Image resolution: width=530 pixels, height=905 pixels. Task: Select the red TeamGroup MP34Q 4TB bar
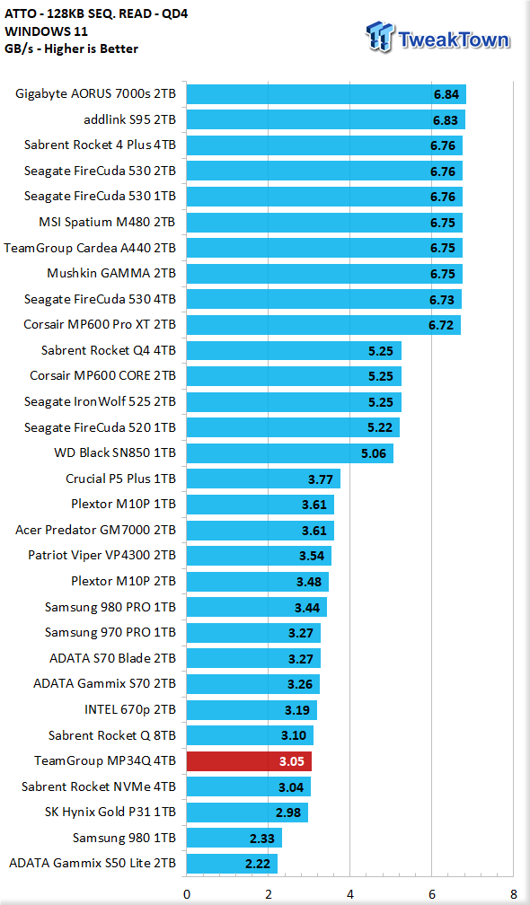pyautogui.click(x=249, y=760)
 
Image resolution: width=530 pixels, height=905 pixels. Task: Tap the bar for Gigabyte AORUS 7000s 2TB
pyautogui.click(x=326, y=94)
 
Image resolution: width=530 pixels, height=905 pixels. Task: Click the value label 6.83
pyautogui.click(x=446, y=120)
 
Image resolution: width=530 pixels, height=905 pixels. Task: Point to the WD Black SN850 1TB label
pyautogui.click(x=115, y=453)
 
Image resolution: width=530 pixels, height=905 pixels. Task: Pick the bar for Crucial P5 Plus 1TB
pyautogui.click(x=263, y=479)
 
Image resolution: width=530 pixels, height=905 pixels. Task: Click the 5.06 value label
pyautogui.click(x=374, y=453)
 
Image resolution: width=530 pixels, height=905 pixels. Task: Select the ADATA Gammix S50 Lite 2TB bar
pyautogui.click(x=232, y=864)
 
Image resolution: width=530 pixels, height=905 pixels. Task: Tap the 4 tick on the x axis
pyautogui.click(x=349, y=894)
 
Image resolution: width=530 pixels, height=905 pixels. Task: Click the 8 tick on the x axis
pyautogui.click(x=513, y=894)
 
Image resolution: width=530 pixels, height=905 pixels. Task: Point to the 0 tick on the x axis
pyautogui.click(x=187, y=894)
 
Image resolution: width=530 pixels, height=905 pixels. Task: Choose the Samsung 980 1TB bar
pyautogui.click(x=234, y=838)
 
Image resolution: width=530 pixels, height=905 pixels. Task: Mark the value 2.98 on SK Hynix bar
pyautogui.click(x=288, y=812)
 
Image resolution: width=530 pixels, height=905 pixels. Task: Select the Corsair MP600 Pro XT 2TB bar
pyautogui.click(x=323, y=325)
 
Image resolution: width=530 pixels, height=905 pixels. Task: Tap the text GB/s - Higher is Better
pyautogui.click(x=71, y=48)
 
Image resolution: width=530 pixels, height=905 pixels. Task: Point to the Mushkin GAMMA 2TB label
pyautogui.click(x=111, y=274)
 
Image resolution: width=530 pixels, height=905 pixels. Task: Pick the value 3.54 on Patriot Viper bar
pyautogui.click(x=312, y=556)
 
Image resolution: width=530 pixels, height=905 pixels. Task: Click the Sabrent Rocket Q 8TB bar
pyautogui.click(x=250, y=735)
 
